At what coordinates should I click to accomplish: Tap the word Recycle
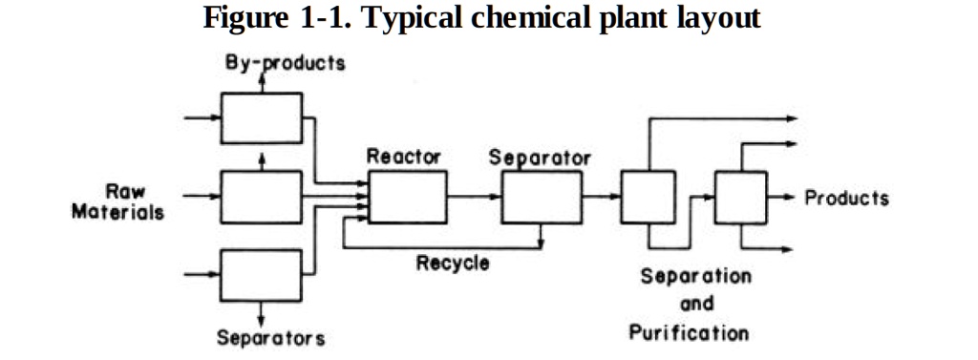click(x=453, y=263)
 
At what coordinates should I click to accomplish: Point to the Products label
click(x=846, y=199)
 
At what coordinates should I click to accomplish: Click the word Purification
click(x=689, y=333)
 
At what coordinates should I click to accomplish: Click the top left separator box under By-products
click(x=261, y=117)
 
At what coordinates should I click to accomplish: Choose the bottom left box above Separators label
click(x=261, y=274)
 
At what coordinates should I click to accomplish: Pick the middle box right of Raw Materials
click(x=261, y=196)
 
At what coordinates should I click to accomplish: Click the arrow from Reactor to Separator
click(x=474, y=198)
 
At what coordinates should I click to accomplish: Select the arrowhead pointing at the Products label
click(x=791, y=199)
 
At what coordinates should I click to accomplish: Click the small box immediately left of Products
click(x=742, y=199)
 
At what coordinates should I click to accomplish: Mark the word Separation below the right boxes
click(x=695, y=277)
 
